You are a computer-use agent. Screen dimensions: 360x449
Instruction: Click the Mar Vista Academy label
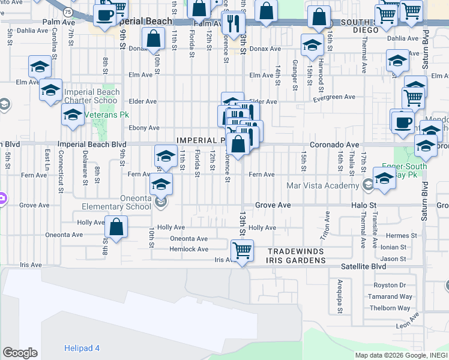click(324, 185)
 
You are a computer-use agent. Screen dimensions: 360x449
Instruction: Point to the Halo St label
click(363, 205)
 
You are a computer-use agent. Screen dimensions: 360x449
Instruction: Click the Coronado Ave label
click(334, 145)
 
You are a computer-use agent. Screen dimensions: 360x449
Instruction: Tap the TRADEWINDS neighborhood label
click(296, 251)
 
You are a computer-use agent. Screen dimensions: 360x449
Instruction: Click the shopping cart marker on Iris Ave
click(241, 250)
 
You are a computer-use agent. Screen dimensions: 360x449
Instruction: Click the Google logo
click(20, 353)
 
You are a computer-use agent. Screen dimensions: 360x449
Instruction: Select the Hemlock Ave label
click(188, 249)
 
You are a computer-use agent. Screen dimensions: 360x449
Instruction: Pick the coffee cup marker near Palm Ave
click(104, 15)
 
